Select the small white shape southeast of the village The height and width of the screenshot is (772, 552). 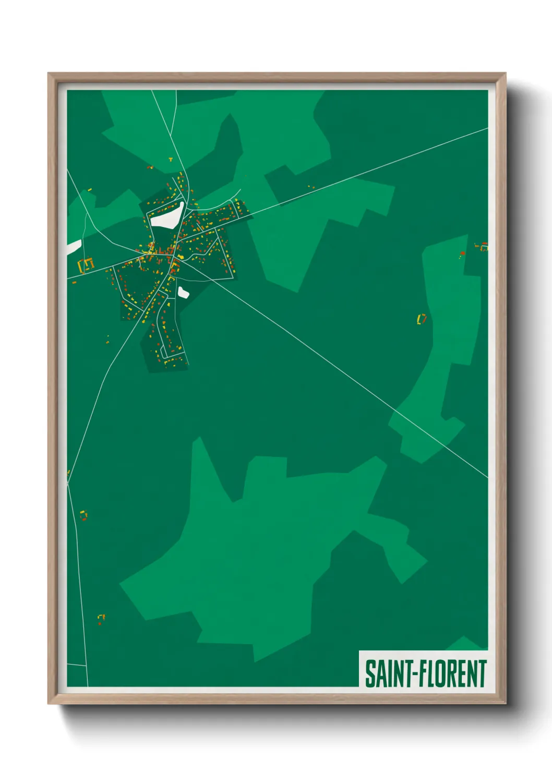pyautogui.click(x=183, y=292)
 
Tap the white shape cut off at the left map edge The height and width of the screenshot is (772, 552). pyautogui.click(x=73, y=247)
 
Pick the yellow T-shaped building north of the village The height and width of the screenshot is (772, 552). pyautogui.click(x=170, y=159)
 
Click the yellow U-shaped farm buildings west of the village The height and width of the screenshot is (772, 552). pyautogui.click(x=86, y=264)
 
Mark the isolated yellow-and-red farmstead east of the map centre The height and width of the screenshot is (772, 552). pyautogui.click(x=422, y=318)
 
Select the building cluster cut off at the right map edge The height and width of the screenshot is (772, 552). pyautogui.click(x=483, y=247)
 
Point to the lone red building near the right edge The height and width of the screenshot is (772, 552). pyautogui.click(x=463, y=254)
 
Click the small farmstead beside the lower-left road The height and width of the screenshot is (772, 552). pyautogui.click(x=83, y=515)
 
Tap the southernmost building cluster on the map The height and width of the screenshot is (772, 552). pyautogui.click(x=101, y=619)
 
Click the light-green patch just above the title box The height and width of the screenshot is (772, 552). pyautogui.click(x=464, y=643)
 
